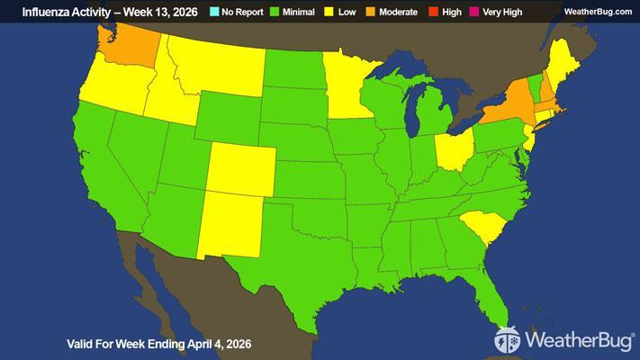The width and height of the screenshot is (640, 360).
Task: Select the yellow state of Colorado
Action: (x=240, y=168)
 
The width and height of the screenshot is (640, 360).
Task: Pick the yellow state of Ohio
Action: (x=453, y=150)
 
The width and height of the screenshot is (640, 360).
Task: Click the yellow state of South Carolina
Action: (x=482, y=227)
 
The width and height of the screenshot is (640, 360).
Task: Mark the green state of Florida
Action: (x=496, y=289)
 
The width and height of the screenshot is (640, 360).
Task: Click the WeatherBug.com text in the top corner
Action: (x=599, y=11)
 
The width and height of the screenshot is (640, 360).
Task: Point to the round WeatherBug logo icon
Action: (x=508, y=341)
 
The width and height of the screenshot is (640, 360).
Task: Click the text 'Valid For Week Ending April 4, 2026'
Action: (x=159, y=344)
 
